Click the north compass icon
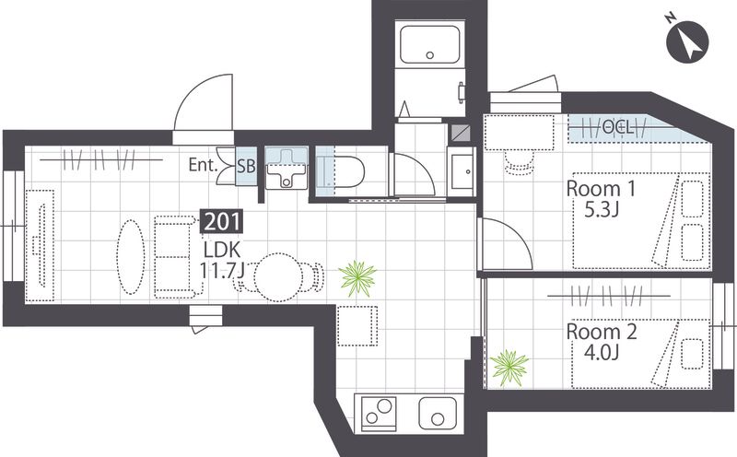(686, 41)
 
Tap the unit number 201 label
(222, 222)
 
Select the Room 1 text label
(601, 189)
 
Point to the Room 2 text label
(602, 332)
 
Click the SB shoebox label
(246, 166)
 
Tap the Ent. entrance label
(203, 165)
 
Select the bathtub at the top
(429, 44)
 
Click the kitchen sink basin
(437, 414)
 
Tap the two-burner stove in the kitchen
(379, 412)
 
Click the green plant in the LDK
(357, 279)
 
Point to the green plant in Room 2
(509, 368)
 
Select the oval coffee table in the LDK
(130, 257)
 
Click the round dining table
(278, 277)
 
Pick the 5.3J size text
(601, 210)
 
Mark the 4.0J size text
(602, 352)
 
